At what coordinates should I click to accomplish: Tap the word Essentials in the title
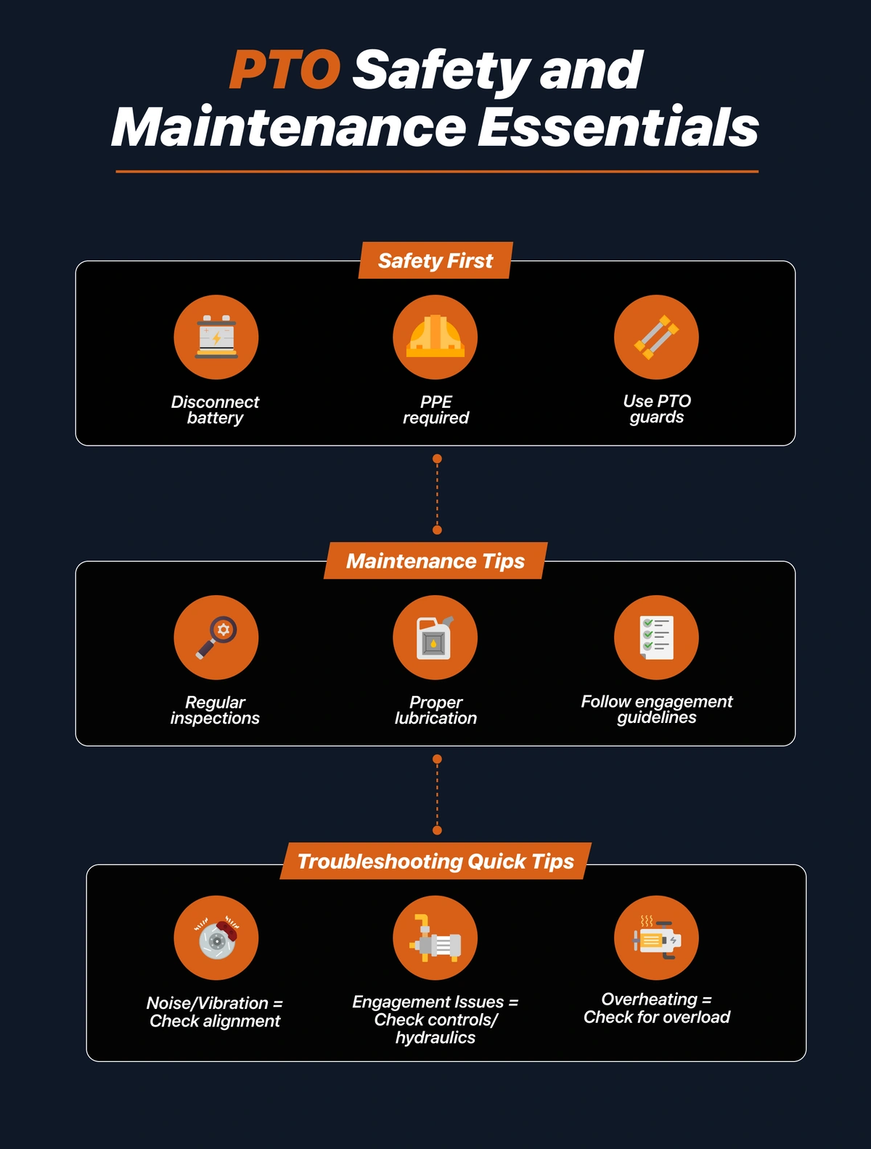pyautogui.click(x=618, y=127)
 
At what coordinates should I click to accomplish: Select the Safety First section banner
pyautogui.click(x=435, y=260)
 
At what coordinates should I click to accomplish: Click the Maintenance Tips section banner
pyautogui.click(x=435, y=560)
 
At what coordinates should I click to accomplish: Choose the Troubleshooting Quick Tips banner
pyautogui.click(x=435, y=861)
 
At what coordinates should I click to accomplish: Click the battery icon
pyautogui.click(x=216, y=337)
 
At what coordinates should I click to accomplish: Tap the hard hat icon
pyautogui.click(x=435, y=337)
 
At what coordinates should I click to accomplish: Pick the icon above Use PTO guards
pyautogui.click(x=656, y=337)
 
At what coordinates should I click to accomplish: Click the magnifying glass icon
pyautogui.click(x=216, y=637)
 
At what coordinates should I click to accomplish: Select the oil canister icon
pyautogui.click(x=435, y=637)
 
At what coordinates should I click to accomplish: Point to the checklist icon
pyautogui.click(x=656, y=637)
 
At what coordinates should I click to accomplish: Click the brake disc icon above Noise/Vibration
pyautogui.click(x=217, y=938)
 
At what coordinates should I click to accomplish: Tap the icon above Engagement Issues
pyautogui.click(x=435, y=938)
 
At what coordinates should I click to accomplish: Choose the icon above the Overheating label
pyautogui.click(x=656, y=938)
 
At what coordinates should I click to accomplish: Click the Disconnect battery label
pyautogui.click(x=215, y=410)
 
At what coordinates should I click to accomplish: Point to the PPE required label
pyautogui.click(x=435, y=410)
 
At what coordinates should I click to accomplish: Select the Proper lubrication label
pyautogui.click(x=435, y=711)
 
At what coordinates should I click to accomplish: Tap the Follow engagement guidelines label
pyautogui.click(x=656, y=709)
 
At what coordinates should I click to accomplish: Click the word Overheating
pyautogui.click(x=650, y=999)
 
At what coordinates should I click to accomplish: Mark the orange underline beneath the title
pyautogui.click(x=437, y=171)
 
